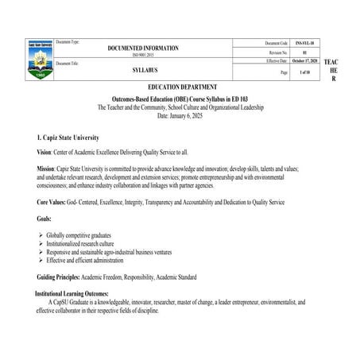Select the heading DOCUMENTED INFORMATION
click(143, 48)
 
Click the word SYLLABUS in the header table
click(142, 69)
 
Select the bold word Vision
click(44, 153)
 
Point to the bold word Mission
click(45, 169)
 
